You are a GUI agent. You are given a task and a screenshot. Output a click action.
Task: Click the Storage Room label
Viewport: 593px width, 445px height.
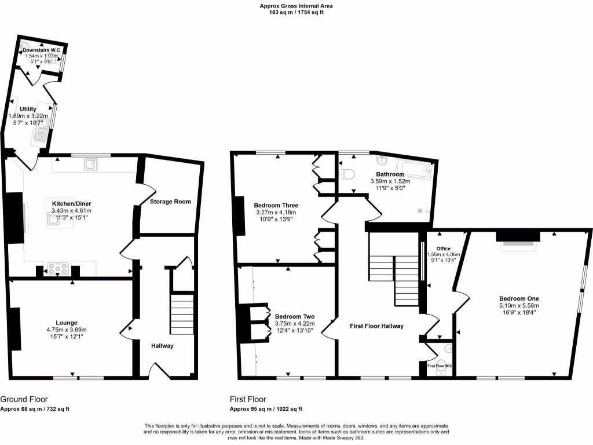pyautogui.click(x=170, y=202)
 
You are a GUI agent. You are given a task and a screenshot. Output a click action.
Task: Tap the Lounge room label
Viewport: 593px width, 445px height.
pyautogui.click(x=67, y=323)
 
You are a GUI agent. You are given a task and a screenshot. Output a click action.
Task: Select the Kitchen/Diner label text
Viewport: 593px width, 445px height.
pyautogui.click(x=72, y=204)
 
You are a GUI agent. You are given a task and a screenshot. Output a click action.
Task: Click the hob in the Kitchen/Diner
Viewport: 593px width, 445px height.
pyautogui.click(x=58, y=269)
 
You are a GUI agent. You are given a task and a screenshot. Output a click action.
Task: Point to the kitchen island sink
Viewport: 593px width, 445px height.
pyautogui.click(x=57, y=218)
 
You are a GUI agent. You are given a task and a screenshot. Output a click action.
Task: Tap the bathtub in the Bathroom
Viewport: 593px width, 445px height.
pyautogui.click(x=415, y=170)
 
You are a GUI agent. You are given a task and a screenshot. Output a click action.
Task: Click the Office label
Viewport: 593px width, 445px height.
pyautogui.click(x=444, y=249)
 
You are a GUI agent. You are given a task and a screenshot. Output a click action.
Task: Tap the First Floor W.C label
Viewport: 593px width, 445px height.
pyautogui.click(x=440, y=366)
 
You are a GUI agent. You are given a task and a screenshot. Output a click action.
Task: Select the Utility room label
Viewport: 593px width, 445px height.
pyautogui.click(x=28, y=109)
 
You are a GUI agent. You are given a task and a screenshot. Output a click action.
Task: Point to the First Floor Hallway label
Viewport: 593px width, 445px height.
pyautogui.click(x=377, y=326)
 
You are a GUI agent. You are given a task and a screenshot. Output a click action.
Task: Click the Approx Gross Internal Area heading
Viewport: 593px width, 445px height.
pyautogui.click(x=296, y=6)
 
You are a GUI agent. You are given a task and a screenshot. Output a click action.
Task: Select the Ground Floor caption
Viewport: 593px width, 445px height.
pyautogui.click(x=24, y=399)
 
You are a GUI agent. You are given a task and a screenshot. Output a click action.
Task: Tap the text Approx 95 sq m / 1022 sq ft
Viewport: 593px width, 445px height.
pyautogui.click(x=266, y=409)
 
